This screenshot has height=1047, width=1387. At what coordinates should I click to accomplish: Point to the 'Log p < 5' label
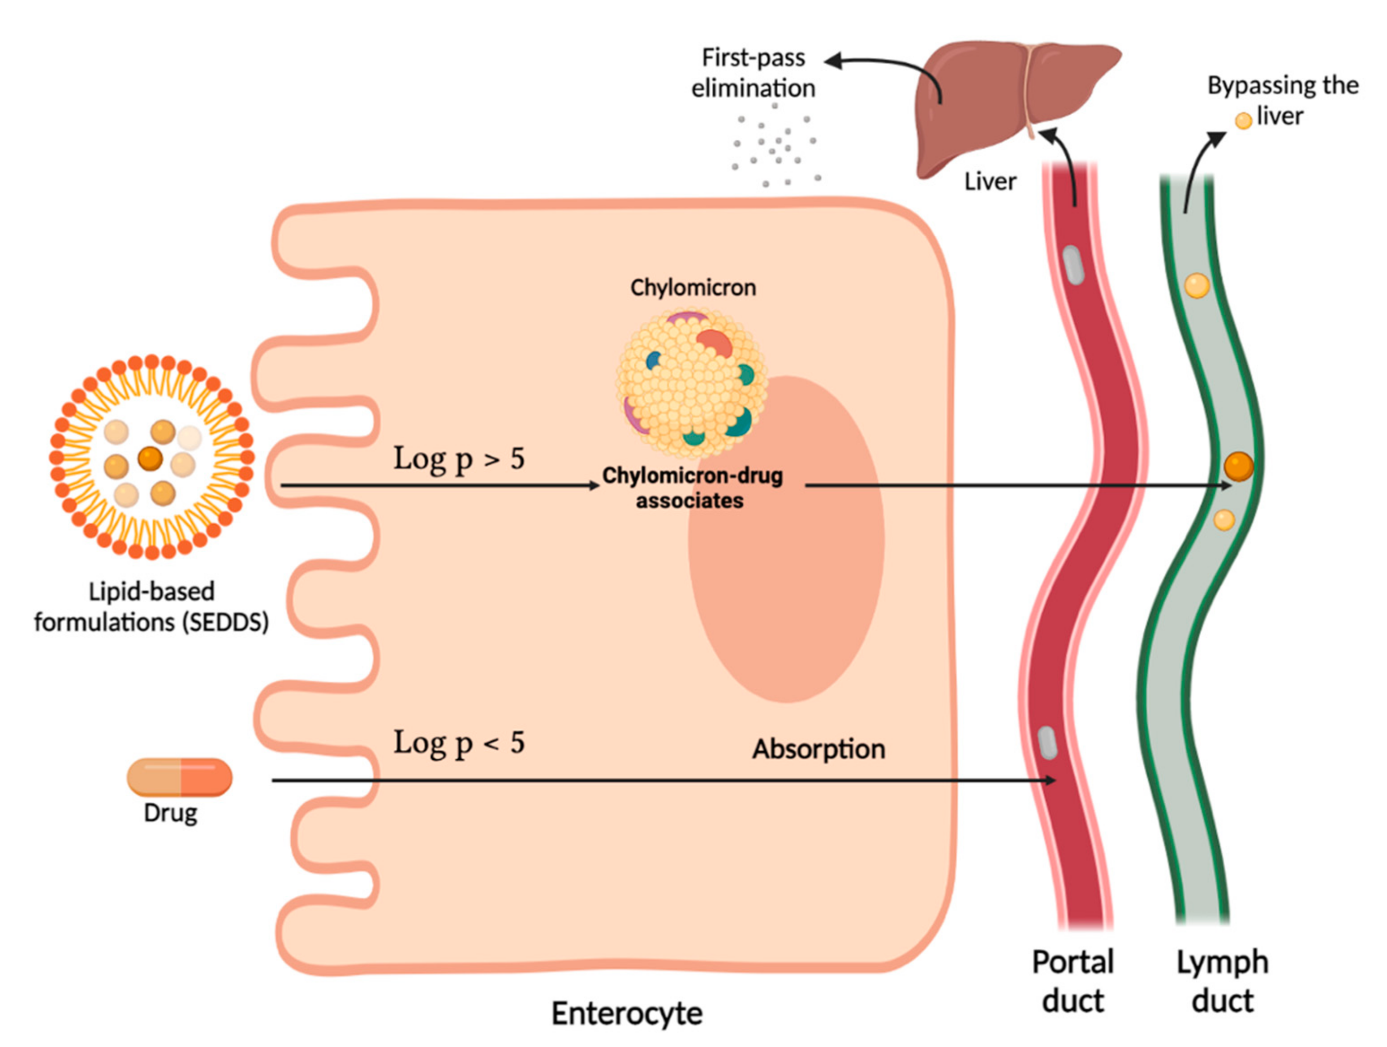[459, 743]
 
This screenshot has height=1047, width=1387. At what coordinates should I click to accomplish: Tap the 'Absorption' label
[819, 749]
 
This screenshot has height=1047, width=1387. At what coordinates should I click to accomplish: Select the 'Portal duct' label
[1073, 982]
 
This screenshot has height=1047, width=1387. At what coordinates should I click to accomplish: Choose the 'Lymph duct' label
[1223, 982]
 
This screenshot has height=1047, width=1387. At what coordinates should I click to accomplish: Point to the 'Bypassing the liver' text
[1283, 100]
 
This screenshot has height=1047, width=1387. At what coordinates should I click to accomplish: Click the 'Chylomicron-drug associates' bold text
[692, 488]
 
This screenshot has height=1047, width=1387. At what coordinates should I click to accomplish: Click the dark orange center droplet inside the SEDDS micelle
[151, 459]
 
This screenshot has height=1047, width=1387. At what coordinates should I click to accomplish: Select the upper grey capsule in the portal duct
[1073, 265]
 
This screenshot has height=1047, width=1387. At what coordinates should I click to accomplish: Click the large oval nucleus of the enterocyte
[786, 540]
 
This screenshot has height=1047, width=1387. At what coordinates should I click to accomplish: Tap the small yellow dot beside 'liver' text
[1243, 121]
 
